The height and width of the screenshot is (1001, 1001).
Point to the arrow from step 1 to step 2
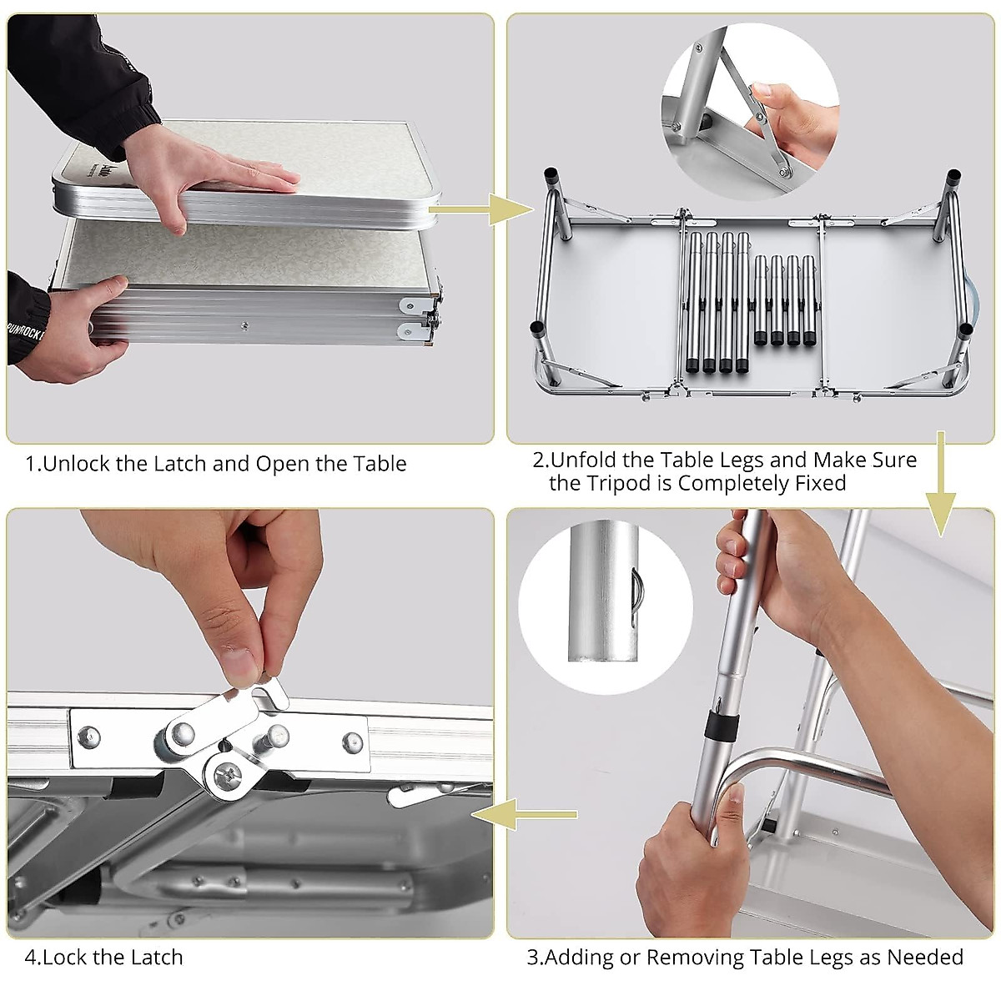[x=481, y=209]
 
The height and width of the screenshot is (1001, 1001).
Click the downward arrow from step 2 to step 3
[x=941, y=484]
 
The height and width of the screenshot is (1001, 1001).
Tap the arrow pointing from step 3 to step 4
[x=525, y=814]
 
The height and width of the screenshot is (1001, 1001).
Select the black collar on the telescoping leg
[x=722, y=726]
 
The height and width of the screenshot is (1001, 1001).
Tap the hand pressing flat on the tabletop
[x=208, y=172]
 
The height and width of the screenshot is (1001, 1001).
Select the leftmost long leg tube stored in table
[x=695, y=302]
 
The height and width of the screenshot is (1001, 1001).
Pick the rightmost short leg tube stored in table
[x=809, y=300]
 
